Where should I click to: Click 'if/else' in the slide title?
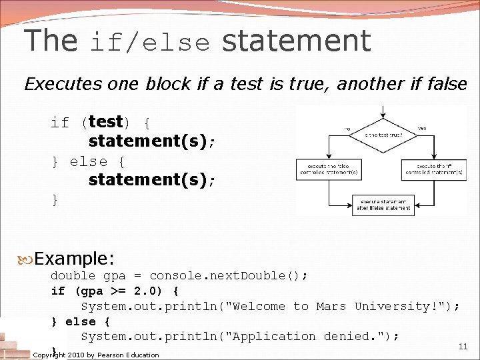[x=150, y=43]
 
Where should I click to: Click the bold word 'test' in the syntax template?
[x=105, y=122]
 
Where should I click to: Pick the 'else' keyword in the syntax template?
[x=88, y=162]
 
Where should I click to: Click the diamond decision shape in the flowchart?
[x=382, y=134]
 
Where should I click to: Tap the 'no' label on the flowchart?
[x=347, y=128]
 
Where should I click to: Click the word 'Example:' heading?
[x=75, y=259]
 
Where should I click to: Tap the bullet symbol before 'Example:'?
[x=27, y=259]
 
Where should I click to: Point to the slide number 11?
[x=463, y=347]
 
